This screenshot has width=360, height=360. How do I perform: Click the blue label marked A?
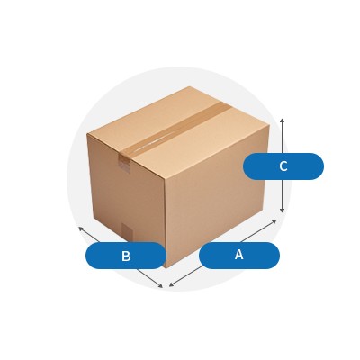[x=239, y=256]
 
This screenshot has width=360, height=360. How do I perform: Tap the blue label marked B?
[x=126, y=256]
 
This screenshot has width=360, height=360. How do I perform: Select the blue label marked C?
[x=283, y=166]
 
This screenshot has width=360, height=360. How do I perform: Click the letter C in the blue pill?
[x=283, y=166]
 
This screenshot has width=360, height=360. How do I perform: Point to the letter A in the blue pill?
[x=239, y=255]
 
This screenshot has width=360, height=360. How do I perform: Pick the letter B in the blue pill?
[x=126, y=256]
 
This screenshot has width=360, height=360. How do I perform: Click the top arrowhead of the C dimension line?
[x=282, y=121]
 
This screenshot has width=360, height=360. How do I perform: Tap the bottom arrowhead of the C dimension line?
[x=282, y=211]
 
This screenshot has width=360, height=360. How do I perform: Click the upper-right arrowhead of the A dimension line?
[x=274, y=221]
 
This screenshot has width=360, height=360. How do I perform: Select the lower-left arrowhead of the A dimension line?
[x=171, y=284]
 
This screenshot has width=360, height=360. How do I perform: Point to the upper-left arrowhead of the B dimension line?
[x=81, y=229]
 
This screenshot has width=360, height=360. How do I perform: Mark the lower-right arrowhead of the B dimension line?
[x=160, y=286]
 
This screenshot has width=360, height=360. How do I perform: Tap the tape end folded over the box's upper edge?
[x=125, y=164]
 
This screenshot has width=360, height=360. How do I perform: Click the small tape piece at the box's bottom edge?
[x=127, y=232]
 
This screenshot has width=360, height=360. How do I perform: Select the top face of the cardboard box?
[x=178, y=132]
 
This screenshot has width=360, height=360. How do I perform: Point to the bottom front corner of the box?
[x=166, y=267]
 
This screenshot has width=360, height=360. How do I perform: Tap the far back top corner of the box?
[x=190, y=86]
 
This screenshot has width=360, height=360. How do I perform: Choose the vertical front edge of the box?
[x=165, y=224]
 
